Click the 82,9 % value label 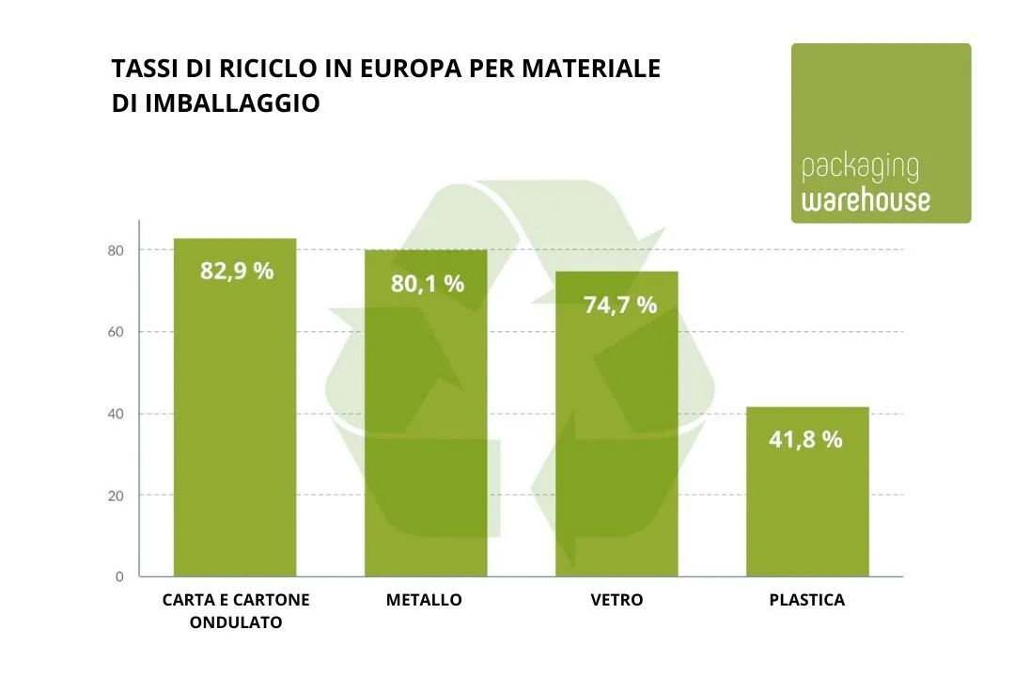(237, 271)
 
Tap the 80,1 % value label (428, 283)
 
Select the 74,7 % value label (620, 305)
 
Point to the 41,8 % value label (806, 438)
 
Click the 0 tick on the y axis (119, 576)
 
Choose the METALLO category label (424, 600)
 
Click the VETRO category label (617, 600)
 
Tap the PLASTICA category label (806, 600)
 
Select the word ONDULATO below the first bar (236, 622)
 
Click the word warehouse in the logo (866, 200)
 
